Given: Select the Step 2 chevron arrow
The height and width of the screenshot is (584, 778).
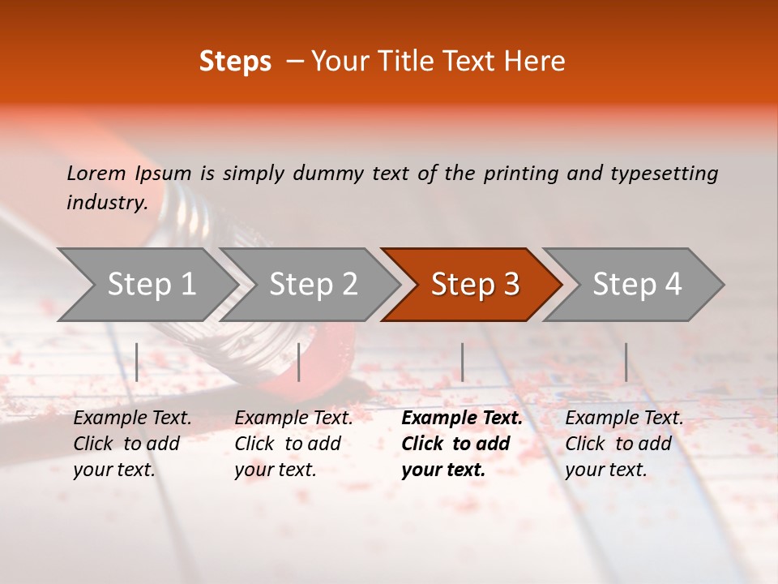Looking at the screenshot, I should pos(313,285).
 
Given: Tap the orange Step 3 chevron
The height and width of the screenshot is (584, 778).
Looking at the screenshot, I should pos(475,285).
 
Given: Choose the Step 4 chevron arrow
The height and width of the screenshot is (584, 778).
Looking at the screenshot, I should pos(637,285).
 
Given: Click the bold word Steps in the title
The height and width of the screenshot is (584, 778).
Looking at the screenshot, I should pos(235,62).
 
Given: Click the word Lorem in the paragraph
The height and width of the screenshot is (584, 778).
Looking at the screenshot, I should pos(96,174).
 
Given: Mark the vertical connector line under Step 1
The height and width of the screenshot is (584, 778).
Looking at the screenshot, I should pos(137,362).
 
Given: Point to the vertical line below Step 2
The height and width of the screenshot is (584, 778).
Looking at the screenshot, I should pos(299,362).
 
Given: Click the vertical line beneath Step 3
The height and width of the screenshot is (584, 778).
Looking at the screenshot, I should pos(463,362).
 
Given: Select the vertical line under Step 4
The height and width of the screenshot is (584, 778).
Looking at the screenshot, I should pos(626,362).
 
